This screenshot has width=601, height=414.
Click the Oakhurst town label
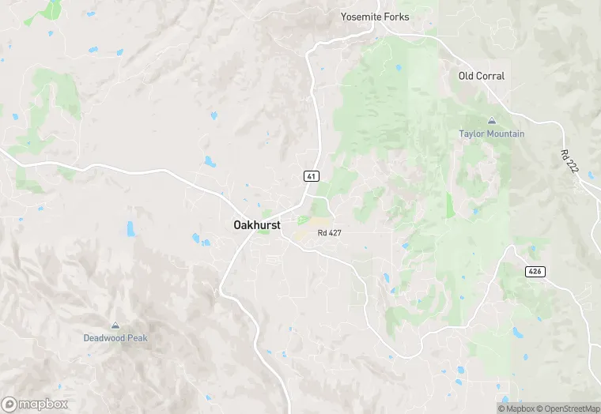click(257, 224)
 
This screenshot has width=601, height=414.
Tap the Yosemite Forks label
click(375, 17)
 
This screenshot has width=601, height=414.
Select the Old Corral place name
click(482, 76)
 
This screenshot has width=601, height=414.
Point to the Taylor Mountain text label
click(492, 134)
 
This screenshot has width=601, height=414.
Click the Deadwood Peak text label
click(115, 337)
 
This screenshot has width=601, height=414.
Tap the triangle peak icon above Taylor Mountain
click(492, 121)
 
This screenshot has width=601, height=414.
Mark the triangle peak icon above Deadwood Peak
click(115, 325)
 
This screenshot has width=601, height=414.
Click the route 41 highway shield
click(311, 175)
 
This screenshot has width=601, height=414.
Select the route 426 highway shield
click(535, 271)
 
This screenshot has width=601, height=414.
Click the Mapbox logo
click(35, 404)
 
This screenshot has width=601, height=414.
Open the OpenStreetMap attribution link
click(568, 408)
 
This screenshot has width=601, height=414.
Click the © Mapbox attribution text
click(516, 408)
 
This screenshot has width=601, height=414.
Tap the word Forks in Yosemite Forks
click(396, 17)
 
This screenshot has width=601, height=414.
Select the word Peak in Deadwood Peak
click(138, 337)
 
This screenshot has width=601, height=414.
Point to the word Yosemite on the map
click(361, 17)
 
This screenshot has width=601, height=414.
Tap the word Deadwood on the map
click(104, 337)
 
